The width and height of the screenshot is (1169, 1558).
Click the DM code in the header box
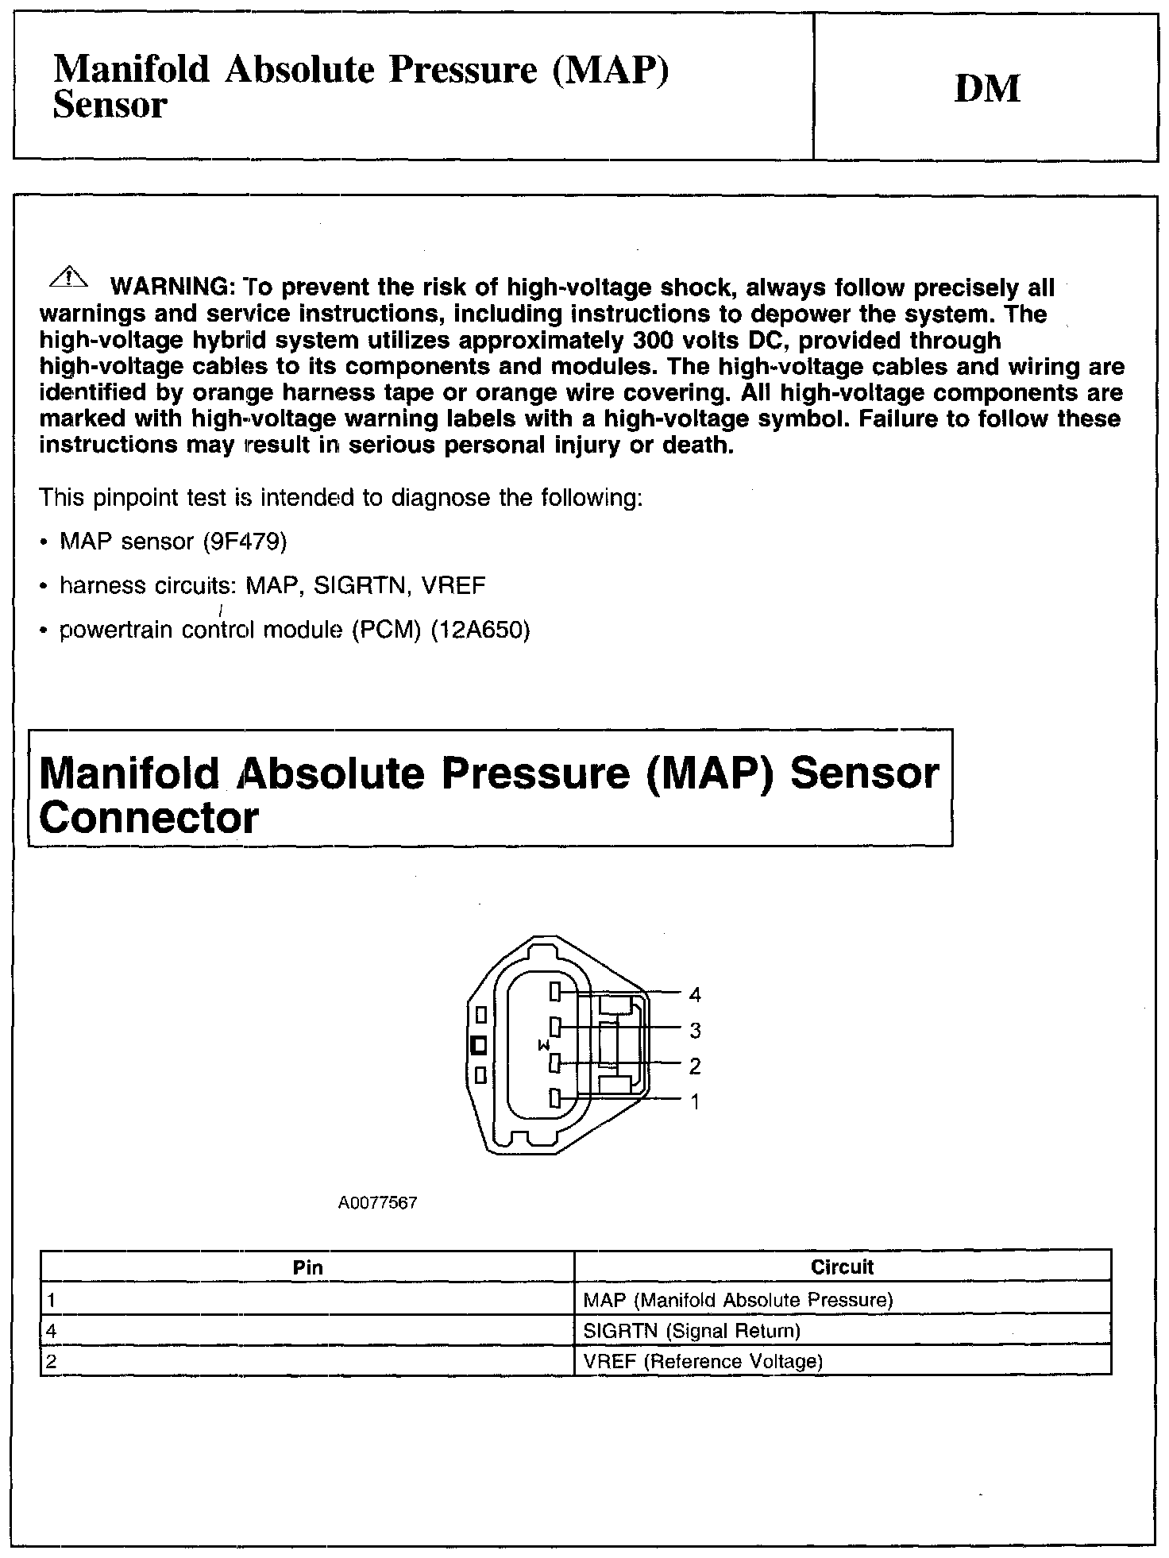[x=987, y=88]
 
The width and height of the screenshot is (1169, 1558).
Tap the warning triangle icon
[x=70, y=277]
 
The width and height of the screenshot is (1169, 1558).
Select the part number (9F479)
[x=245, y=542]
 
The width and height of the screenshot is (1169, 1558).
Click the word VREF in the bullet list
[x=453, y=586]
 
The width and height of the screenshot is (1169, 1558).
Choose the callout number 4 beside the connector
[x=695, y=994]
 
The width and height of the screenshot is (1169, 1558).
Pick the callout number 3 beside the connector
[x=695, y=1030]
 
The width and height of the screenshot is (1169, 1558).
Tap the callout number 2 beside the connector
[x=695, y=1066]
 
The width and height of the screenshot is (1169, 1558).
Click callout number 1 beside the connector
[x=695, y=1101]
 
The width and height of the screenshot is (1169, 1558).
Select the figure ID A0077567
[x=377, y=1203]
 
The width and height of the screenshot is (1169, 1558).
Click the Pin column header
[x=307, y=1267]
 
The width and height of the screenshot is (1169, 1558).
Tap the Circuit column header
[x=842, y=1267]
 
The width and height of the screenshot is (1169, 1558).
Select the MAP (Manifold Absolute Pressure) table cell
[x=738, y=1300]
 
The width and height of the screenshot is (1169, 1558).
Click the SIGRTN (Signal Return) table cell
[x=691, y=1331]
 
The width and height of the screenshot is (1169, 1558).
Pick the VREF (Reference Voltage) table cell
[x=702, y=1362]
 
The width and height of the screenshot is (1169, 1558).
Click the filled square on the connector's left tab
[x=479, y=1045]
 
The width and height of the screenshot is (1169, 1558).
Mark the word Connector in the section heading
[x=149, y=818]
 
